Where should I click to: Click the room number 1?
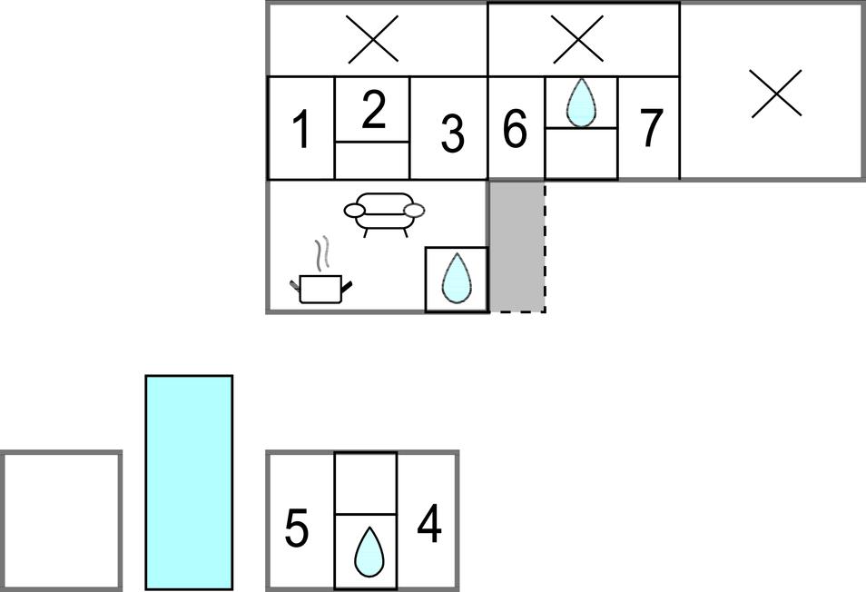(x=301, y=130)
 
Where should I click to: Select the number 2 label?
(x=373, y=109)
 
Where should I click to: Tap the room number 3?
(x=451, y=134)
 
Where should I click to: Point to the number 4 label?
(x=428, y=524)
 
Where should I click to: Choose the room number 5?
(x=296, y=528)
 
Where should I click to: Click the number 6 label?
(x=515, y=129)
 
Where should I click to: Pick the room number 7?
(x=651, y=128)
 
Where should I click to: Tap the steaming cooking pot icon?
(x=321, y=280)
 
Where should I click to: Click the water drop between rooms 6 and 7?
(x=581, y=102)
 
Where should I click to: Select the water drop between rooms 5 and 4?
(x=367, y=552)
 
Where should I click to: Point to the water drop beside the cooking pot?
(x=456, y=279)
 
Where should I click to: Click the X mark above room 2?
(x=373, y=39)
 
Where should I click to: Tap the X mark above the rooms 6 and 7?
(x=577, y=39)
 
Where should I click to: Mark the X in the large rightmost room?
(x=777, y=94)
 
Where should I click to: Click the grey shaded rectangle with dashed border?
(x=517, y=246)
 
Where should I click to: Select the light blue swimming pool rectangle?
(x=189, y=481)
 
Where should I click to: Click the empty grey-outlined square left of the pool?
(x=62, y=520)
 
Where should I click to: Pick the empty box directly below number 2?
(x=372, y=160)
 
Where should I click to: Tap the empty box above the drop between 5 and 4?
(x=366, y=483)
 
